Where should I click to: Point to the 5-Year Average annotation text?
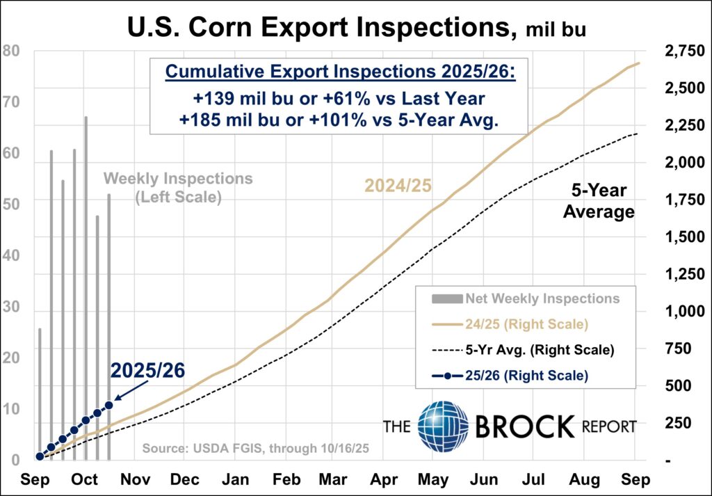tap(599, 200)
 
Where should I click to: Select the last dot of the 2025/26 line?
tap(109, 405)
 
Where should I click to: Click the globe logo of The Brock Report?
tap(443, 425)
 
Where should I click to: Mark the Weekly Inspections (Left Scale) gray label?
tap(178, 188)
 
